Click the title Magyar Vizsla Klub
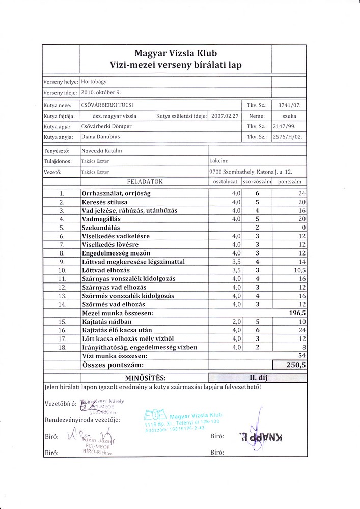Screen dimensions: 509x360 tap(176, 53)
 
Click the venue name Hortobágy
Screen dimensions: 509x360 tap(94, 81)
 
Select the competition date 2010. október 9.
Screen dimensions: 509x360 tap(101, 93)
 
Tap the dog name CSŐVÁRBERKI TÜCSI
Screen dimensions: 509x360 tap(104, 105)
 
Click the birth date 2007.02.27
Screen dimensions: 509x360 tap(225, 116)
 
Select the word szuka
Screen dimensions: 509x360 tap(289, 116)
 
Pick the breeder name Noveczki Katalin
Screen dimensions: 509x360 tap(101, 151)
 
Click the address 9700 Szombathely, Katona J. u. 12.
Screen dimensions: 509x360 tap(251, 172)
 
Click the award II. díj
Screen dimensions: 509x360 tap(258, 378)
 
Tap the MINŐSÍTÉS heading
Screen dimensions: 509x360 tap(146, 378)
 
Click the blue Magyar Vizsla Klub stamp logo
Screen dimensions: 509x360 tap(153, 415)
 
